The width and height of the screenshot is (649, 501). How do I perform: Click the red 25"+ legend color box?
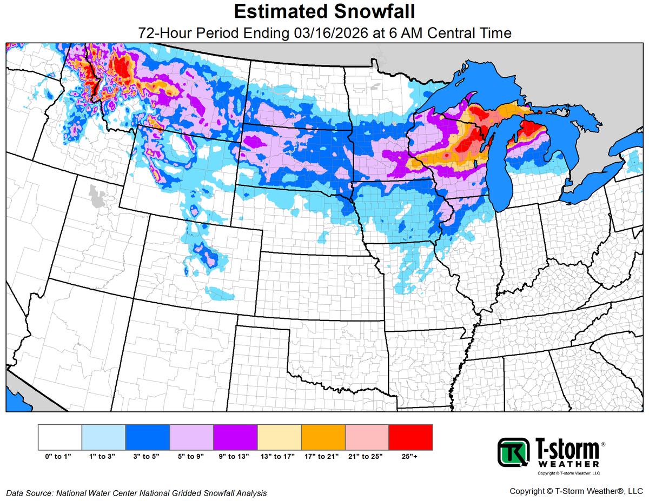click(410, 437)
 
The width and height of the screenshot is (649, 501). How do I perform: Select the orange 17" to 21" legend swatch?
click(323, 437)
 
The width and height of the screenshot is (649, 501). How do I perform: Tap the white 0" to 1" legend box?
click(60, 437)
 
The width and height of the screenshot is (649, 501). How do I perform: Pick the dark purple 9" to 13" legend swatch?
click(235, 437)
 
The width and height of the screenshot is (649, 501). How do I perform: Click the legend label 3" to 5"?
click(147, 457)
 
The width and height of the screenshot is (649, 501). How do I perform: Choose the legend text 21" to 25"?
click(367, 457)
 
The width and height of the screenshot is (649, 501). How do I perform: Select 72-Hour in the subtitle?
click(163, 33)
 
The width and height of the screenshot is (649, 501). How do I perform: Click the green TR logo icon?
click(513, 452)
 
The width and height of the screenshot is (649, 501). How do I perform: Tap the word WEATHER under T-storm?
click(568, 464)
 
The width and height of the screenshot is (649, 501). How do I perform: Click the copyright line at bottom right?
click(575, 491)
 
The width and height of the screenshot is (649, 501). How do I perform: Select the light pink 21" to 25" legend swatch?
click(367, 437)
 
